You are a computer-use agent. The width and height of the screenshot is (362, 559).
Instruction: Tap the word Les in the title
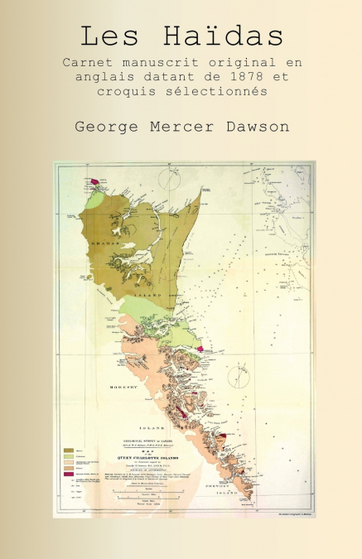point(109,36)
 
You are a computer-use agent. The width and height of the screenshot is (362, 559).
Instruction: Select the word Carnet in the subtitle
point(87,63)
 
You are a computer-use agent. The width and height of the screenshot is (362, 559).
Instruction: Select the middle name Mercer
point(179,127)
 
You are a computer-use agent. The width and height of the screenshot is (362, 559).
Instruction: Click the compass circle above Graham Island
point(173,181)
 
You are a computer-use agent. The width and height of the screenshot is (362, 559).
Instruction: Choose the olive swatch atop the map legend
point(68,451)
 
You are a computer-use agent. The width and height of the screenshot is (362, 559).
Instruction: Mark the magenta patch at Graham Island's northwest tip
point(94,181)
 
